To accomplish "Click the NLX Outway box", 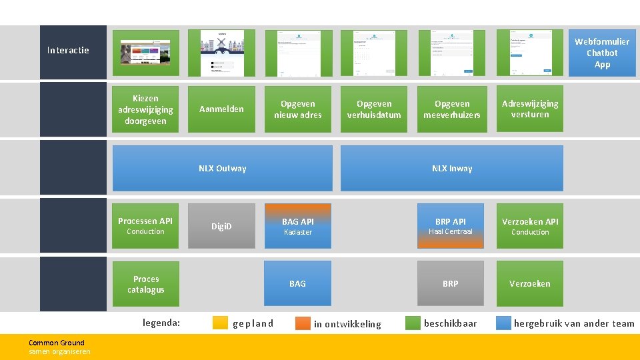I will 222,168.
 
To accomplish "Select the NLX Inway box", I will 451,168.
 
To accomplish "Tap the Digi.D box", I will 221,226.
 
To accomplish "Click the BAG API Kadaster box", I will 297,226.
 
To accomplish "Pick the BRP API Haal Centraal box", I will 450,226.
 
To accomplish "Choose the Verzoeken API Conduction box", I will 529,226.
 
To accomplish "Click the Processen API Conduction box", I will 145,226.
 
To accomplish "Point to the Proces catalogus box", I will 145,284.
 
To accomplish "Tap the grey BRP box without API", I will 450,283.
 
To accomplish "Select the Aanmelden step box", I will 221,109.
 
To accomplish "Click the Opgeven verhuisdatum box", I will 374,109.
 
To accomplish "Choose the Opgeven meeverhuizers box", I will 451,109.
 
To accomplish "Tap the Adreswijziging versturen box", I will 529,109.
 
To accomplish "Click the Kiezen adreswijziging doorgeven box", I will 145,109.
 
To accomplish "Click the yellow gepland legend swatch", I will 221,323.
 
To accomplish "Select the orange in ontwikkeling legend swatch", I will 303,323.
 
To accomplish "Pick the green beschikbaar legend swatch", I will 413,323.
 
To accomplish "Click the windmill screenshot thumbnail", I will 221,53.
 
